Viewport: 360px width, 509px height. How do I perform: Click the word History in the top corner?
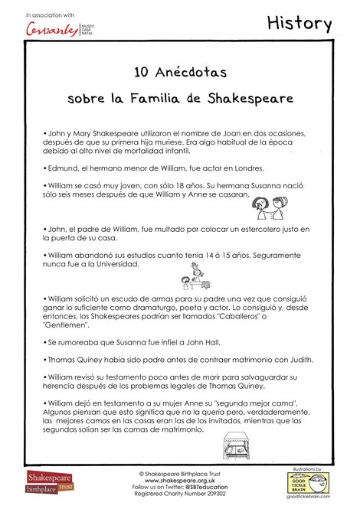tap(299, 24)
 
